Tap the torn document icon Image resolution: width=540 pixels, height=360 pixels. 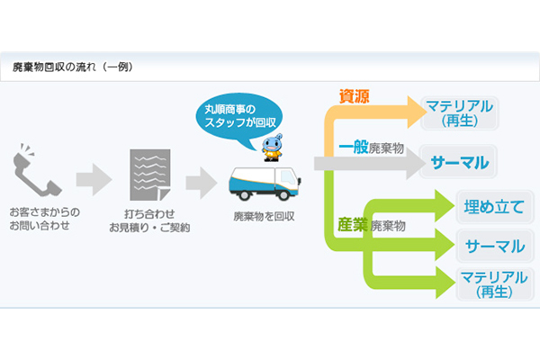(149, 173)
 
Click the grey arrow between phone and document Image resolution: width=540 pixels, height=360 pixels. (94, 179)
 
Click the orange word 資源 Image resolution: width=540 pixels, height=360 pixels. (354, 96)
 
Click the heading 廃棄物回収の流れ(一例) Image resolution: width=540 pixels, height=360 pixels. (73, 67)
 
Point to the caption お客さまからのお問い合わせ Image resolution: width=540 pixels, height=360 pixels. (44, 219)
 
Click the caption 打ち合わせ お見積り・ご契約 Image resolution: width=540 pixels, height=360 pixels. (149, 221)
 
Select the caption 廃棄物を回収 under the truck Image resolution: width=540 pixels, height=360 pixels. (265, 216)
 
